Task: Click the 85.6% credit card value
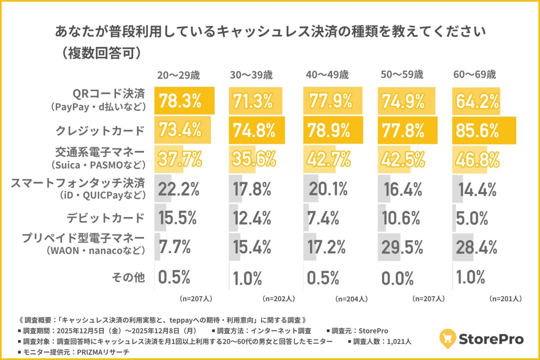[477, 130]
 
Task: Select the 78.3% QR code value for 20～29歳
[180, 101]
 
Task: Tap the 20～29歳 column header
[178, 75]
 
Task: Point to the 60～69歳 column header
[474, 75]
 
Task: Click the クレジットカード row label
[100, 130]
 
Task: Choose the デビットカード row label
[105, 218]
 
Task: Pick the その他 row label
[128, 277]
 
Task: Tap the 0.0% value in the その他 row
[397, 278]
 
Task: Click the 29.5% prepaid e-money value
[402, 247]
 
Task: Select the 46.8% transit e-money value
[477, 159]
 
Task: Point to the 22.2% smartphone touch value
[179, 189]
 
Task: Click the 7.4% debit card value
[323, 218]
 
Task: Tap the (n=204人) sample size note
[351, 299]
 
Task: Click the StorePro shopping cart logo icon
[447, 338]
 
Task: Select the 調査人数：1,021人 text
[380, 341]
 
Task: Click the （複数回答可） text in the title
[101, 53]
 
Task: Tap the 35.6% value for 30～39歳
[254, 159]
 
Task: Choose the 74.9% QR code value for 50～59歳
[403, 101]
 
